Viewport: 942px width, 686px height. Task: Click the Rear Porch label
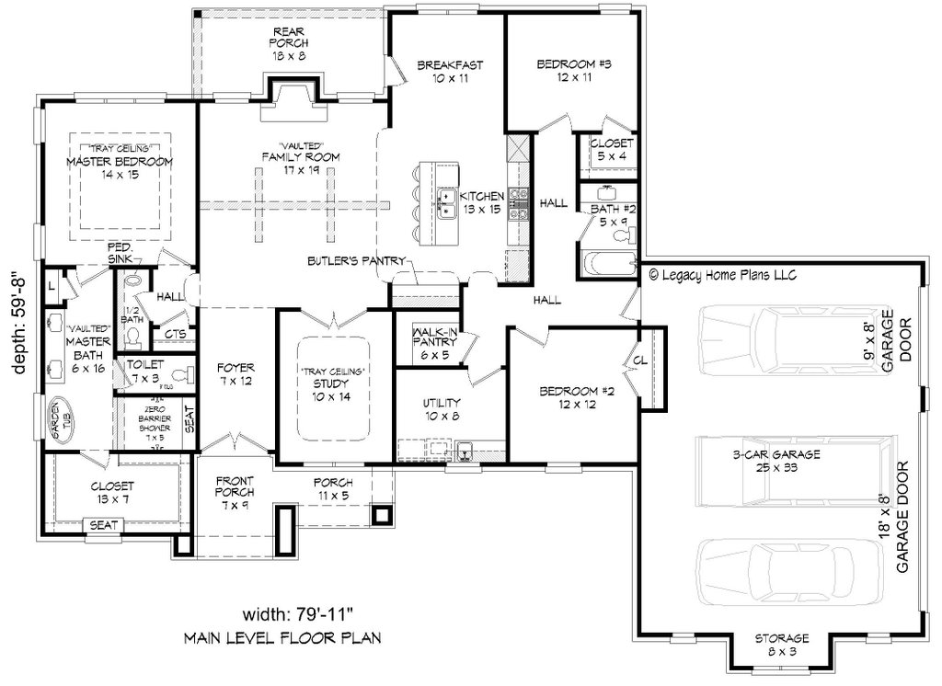pos(288,42)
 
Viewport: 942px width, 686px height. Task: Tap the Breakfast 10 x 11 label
pos(450,72)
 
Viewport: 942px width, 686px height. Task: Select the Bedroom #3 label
pos(574,72)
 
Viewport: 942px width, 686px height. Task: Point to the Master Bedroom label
pos(120,168)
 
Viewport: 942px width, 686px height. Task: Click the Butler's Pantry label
pos(356,261)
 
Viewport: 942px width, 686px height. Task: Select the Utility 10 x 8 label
pos(442,409)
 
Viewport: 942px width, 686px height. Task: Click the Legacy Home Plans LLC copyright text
pos(722,274)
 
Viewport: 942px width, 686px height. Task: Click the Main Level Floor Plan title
pos(281,637)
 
